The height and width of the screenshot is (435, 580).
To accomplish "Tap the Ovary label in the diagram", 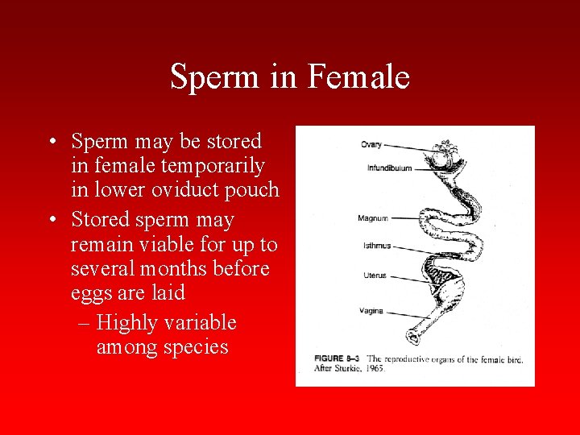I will (x=371, y=144).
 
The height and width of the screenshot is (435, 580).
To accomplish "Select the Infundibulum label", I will (x=389, y=168).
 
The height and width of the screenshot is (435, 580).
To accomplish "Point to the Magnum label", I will (x=373, y=218).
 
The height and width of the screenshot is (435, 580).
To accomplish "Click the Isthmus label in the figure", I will (x=376, y=246).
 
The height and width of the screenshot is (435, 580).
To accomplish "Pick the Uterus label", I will (x=375, y=275).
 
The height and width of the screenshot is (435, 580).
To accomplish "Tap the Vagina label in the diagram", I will (x=373, y=311).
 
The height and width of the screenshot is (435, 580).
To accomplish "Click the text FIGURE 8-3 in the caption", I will (x=332, y=359).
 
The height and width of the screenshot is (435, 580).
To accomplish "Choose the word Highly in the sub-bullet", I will (x=126, y=323).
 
